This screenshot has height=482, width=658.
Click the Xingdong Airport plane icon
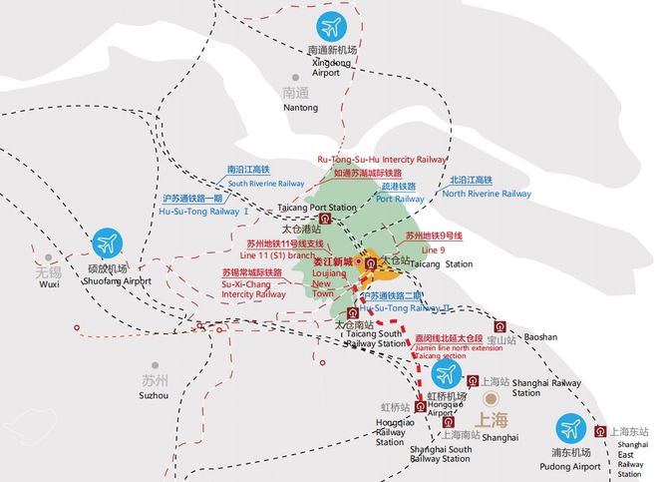tap(332, 27)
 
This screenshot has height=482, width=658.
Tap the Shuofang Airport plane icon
tap(109, 243)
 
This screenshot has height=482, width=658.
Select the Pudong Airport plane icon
tap(571, 429)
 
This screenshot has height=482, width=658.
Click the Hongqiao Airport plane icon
tap(446, 375)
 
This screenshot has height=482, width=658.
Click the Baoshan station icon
tap(497, 326)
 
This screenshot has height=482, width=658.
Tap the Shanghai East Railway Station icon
tap(600, 430)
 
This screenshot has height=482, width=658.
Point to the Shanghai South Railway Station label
tap(440, 454)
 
